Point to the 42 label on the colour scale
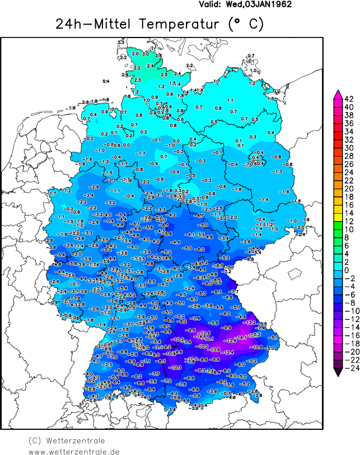click(x=348, y=98)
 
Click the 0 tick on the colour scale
click(x=348, y=270)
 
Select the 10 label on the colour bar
click(x=348, y=229)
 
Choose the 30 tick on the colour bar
click(x=348, y=148)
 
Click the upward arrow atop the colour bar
click(x=338, y=93)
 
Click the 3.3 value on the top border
click(x=120, y=43)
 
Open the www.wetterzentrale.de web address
click(x=74, y=451)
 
